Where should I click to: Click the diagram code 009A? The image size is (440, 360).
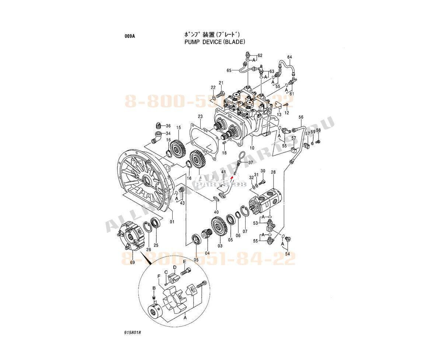click(130, 36)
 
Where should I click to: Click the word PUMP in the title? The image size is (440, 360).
click(191, 42)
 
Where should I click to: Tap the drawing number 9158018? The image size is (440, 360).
click(133, 332)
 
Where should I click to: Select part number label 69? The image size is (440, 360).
click(132, 262)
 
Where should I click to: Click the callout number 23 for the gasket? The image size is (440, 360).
click(200, 117)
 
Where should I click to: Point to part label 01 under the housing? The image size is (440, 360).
click(172, 221)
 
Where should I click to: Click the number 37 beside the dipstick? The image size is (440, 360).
click(250, 162)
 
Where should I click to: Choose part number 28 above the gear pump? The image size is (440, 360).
click(273, 172)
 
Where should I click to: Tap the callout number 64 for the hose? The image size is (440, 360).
click(289, 57)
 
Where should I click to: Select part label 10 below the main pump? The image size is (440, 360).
click(252, 148)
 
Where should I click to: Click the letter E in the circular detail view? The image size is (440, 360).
click(184, 261)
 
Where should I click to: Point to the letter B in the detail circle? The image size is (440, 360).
click(154, 288)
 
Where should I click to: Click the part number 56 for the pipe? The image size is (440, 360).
click(301, 117)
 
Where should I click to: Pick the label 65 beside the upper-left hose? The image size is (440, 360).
click(229, 70)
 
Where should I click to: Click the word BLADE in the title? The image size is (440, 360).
click(233, 42)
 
